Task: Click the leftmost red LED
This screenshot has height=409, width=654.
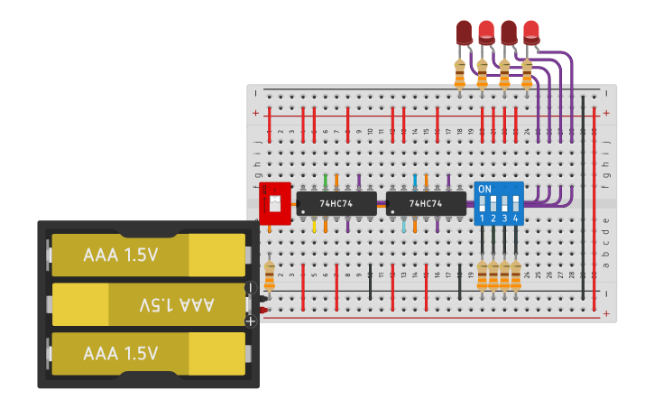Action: [x=464, y=33]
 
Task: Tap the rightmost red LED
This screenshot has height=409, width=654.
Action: [x=531, y=33]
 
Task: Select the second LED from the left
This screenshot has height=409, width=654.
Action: [x=486, y=33]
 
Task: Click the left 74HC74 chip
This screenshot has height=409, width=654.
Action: [x=336, y=203]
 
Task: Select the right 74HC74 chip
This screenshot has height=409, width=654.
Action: [x=426, y=203]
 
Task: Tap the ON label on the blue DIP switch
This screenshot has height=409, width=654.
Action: [x=484, y=189]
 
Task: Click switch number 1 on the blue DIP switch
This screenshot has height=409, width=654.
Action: [x=482, y=206]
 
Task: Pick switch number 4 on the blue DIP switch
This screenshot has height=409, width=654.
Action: [x=515, y=206]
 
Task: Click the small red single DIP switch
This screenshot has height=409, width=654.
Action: [x=273, y=202]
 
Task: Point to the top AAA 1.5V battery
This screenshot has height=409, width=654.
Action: [x=148, y=255]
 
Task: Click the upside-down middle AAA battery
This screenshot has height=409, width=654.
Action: [x=148, y=304]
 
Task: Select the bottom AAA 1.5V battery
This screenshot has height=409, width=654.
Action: [x=148, y=353]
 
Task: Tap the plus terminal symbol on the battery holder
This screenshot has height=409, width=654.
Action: [x=251, y=321]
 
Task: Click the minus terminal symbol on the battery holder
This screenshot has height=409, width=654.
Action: [x=251, y=288]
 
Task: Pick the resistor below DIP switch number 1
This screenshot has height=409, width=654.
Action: [x=482, y=275]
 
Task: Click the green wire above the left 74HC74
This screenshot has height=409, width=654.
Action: [x=325, y=181]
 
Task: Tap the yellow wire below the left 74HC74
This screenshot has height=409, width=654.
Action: [x=314, y=225]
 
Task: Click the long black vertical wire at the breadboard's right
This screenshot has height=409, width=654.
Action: [x=584, y=199]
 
